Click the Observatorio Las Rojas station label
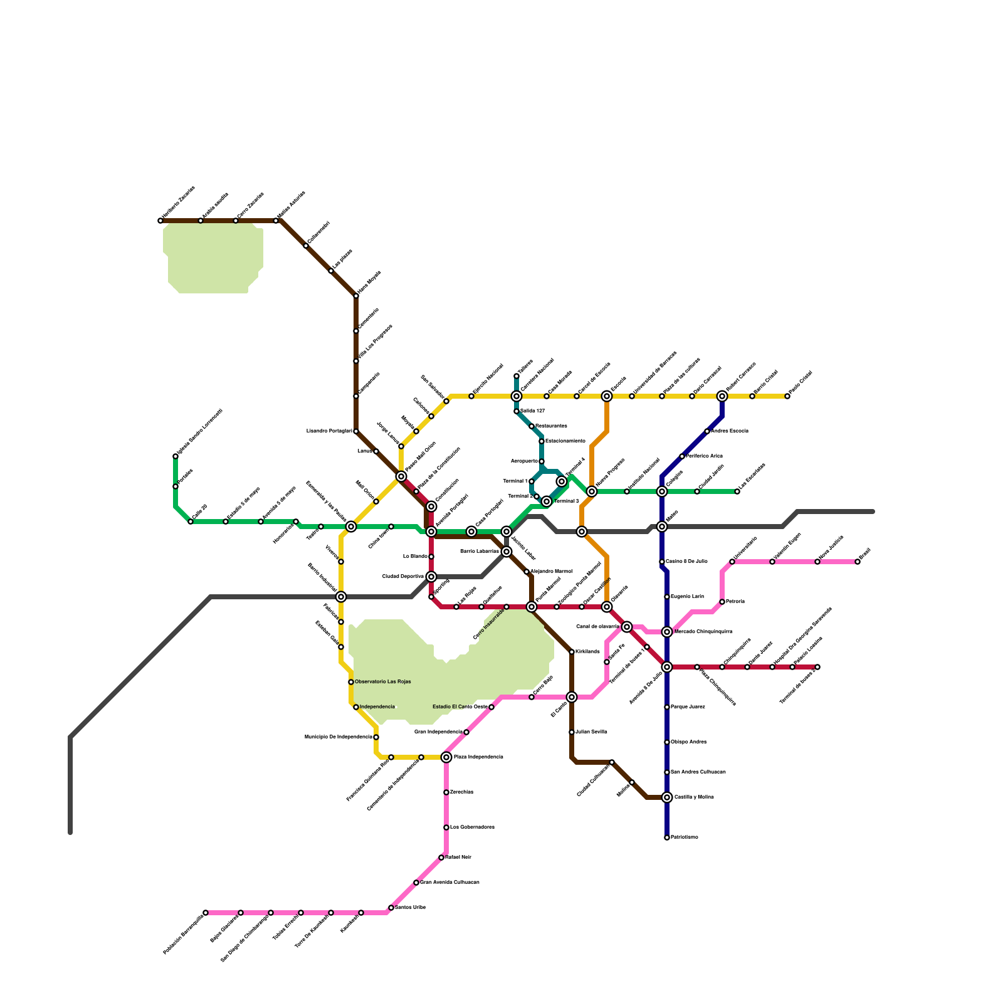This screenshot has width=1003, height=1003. click(382, 682)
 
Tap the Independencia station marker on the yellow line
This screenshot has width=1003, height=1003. click(356, 707)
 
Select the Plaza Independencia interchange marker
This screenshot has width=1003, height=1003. click(446, 757)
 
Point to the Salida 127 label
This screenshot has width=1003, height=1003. click(532, 411)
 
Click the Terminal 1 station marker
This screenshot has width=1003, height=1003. click(532, 481)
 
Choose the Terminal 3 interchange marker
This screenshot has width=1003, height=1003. click(547, 501)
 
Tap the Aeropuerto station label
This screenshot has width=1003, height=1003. click(525, 461)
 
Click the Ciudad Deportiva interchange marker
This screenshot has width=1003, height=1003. click(431, 577)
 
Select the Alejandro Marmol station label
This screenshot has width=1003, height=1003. click(551, 572)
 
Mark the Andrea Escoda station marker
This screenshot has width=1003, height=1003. click(707, 431)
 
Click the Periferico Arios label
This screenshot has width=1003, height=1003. click(704, 456)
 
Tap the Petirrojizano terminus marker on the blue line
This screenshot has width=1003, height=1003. click(667, 838)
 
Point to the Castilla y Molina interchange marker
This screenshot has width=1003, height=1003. click(667, 797)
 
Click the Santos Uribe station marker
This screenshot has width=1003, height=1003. click(391, 908)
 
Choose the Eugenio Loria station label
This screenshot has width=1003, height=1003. click(687, 597)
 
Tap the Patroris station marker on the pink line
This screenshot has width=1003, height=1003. click(722, 602)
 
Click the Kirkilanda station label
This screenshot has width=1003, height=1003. click(587, 652)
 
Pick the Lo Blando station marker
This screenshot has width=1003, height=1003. click(431, 557)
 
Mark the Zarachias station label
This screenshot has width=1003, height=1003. click(461, 792)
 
